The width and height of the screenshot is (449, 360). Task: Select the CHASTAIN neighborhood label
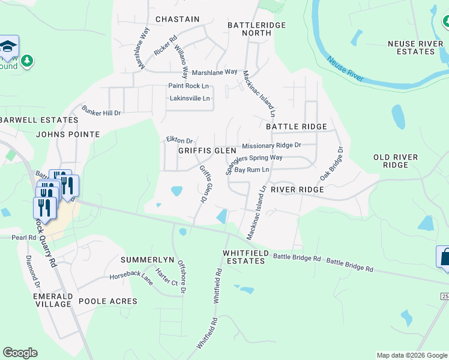coord(177,19)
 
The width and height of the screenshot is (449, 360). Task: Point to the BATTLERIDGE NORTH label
coord(256,29)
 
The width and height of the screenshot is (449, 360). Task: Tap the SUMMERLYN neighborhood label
coord(147,260)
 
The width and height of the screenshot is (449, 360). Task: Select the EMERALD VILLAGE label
coord(53,300)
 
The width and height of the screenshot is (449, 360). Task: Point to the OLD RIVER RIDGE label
coord(395,161)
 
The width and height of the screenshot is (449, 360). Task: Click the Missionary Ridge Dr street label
coord(271,145)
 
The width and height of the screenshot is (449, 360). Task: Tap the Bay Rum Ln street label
coord(252,170)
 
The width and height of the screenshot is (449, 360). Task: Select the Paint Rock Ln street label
coord(188,86)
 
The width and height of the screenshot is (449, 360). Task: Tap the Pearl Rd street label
coord(24,238)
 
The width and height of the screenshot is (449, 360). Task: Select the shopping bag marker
coord(444,256)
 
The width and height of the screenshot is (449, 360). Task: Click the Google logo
coord(20,353)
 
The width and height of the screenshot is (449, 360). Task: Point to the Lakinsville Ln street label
coord(190,98)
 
